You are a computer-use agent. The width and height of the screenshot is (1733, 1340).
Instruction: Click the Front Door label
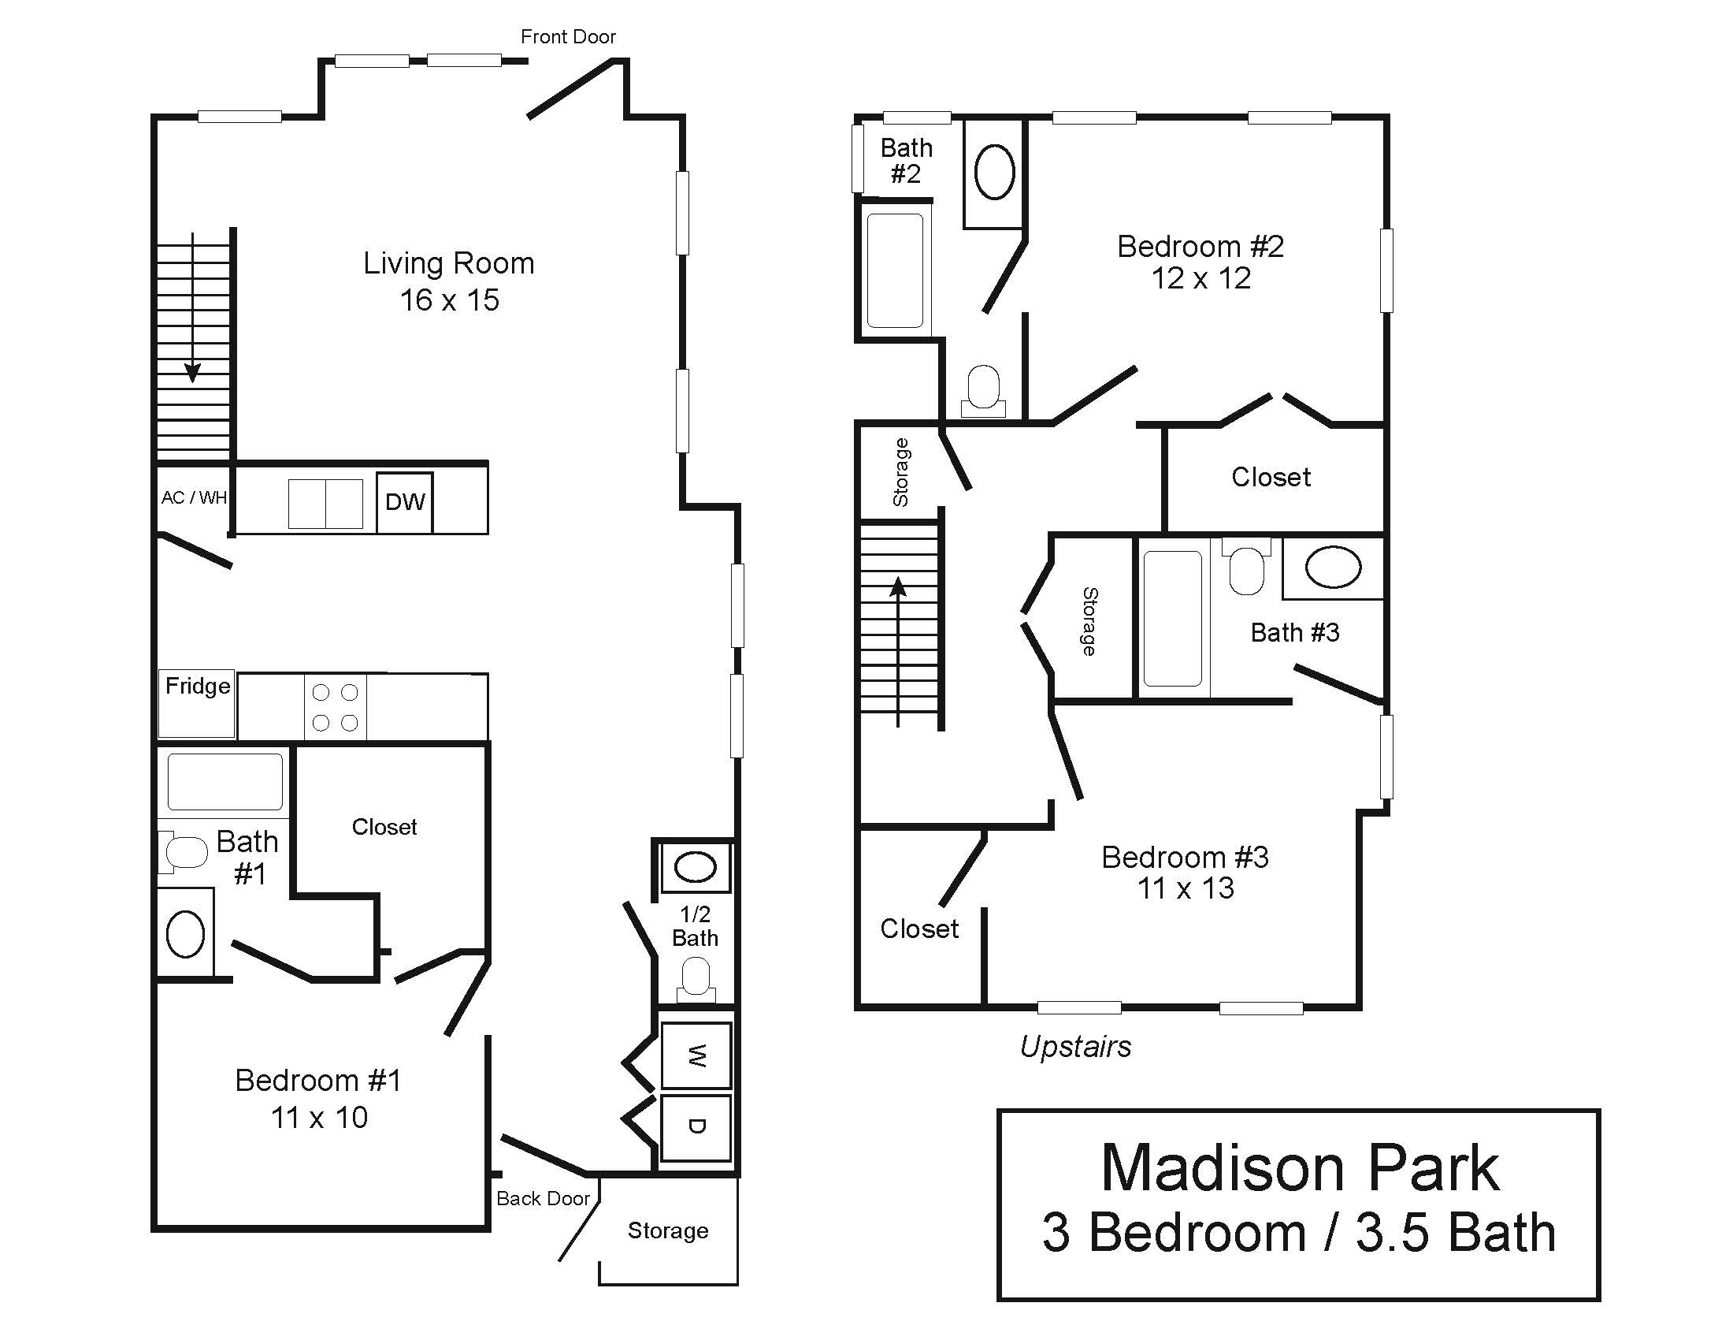568,36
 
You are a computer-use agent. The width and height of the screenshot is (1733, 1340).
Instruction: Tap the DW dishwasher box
405,501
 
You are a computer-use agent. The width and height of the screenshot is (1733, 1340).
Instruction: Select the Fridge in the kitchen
197,703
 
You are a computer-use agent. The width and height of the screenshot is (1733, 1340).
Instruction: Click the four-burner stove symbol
335,707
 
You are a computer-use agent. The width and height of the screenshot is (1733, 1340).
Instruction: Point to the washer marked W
696,1055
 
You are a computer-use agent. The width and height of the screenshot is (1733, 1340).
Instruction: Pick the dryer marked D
696,1128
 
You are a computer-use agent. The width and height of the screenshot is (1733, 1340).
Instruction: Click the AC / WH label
195,497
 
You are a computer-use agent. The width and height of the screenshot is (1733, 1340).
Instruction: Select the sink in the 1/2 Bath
695,867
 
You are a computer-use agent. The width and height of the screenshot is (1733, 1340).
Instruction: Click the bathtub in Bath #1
225,781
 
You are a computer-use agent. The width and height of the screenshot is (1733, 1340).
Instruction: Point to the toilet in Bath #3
1246,565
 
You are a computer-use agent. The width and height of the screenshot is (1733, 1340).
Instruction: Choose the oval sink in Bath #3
1333,567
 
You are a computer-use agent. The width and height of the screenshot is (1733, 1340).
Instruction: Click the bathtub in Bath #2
895,270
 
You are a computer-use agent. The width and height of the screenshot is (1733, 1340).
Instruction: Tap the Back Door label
544,1199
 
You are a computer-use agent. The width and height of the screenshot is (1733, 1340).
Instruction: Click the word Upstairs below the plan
1075,1048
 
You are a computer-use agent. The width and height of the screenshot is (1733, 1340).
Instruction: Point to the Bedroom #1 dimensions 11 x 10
319,1118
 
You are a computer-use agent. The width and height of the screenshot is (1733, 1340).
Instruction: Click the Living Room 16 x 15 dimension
449,300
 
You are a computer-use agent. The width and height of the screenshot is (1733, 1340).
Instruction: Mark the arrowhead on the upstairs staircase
898,586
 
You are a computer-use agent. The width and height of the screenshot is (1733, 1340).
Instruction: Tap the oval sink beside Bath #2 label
994,173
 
